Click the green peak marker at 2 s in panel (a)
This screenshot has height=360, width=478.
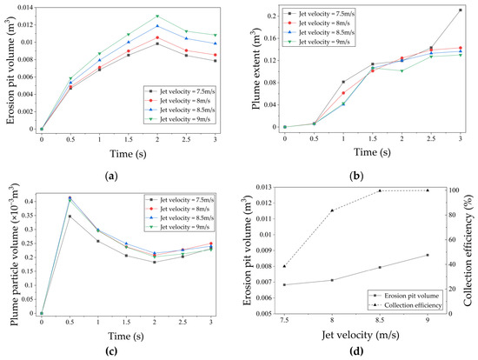tap(157, 17)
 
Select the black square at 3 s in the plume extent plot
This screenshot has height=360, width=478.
tap(461, 10)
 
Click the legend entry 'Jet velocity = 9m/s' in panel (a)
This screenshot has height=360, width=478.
tap(180, 119)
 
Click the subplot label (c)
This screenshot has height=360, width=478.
tap(111, 351)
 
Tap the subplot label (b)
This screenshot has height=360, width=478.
tap(356, 176)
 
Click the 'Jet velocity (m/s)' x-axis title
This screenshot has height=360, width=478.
tap(361, 335)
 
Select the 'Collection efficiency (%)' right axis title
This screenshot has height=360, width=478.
tap(468, 250)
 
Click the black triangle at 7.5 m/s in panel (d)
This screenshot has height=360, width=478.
tap(284, 266)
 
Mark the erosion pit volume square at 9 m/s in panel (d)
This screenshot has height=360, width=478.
tap(428, 255)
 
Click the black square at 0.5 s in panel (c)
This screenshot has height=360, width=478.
tap(70, 217)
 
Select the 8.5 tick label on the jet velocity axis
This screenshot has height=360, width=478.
tap(380, 320)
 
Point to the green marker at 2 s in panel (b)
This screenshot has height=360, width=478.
tap(402, 71)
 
